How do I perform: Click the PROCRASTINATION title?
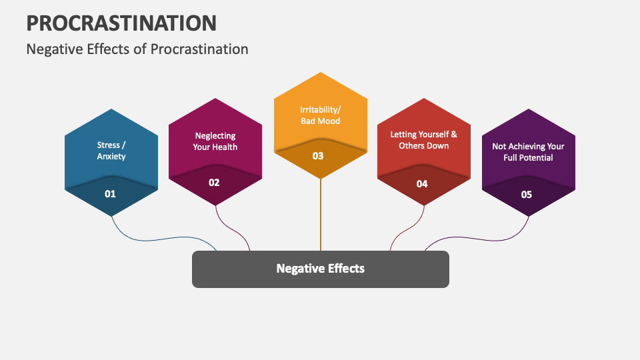121,23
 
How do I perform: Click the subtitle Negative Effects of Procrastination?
137,49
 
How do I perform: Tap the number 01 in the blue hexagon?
110,194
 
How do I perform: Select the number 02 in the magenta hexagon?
214,183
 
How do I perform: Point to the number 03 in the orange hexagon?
318,156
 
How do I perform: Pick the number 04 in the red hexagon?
422,184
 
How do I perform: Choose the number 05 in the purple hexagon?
527,195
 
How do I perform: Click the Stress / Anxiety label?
111,151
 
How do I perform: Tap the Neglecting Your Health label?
215,141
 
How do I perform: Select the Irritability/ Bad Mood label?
321,115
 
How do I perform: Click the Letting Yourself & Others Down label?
424,140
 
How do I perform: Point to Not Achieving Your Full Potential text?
528,152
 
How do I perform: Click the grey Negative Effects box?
321,269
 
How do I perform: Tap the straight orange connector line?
321,215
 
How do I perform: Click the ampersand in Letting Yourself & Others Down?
454,134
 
